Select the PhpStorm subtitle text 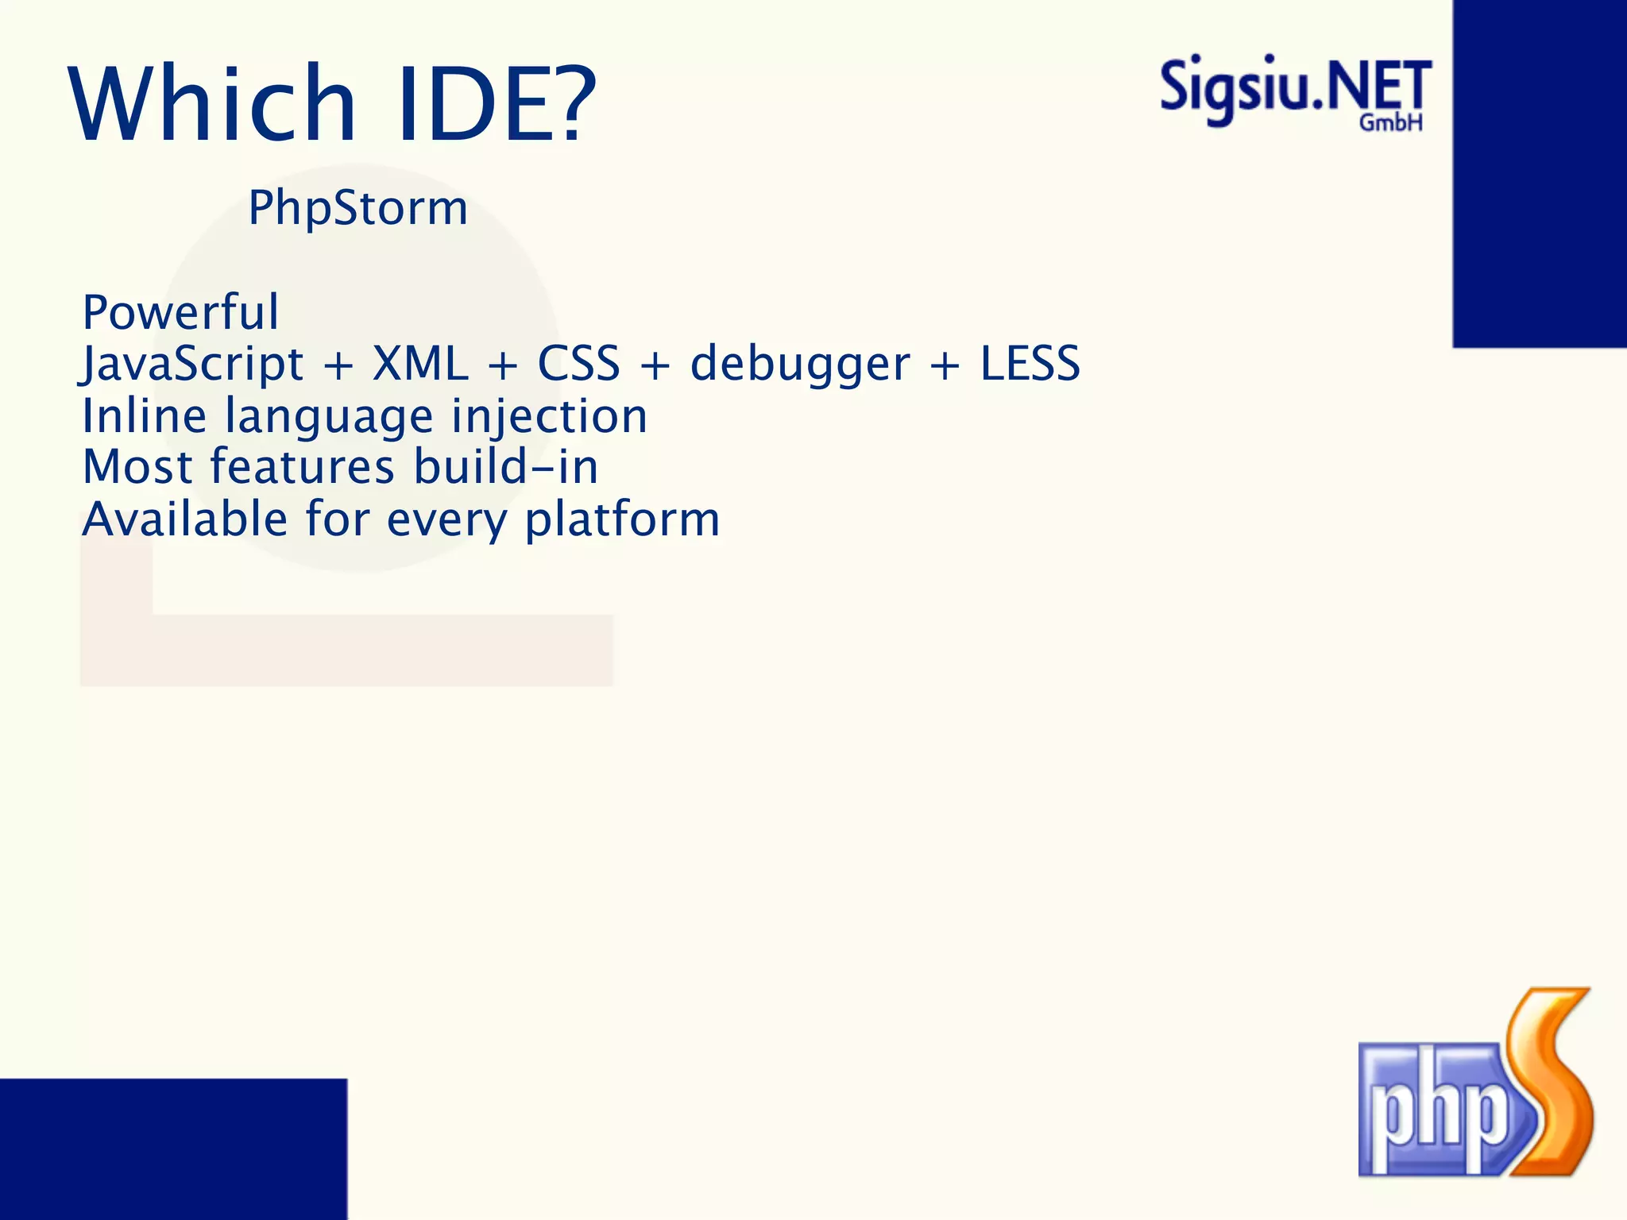(x=357, y=208)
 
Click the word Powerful (x=180, y=312)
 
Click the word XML (x=420, y=365)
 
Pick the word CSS (x=578, y=365)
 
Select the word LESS (x=1030, y=365)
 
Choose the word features (x=302, y=467)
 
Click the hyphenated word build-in (x=506, y=467)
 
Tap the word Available (x=184, y=519)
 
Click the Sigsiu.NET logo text (x=1295, y=87)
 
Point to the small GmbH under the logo (x=1390, y=123)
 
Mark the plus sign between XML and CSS (x=503, y=366)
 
